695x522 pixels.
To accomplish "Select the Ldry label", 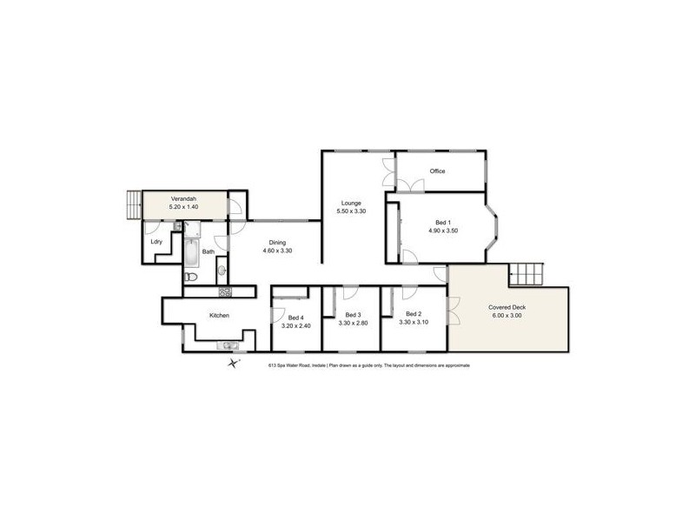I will pyautogui.click(x=156, y=242).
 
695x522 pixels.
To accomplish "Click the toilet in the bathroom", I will pyautogui.click(x=192, y=277).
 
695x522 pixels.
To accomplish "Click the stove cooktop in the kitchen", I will pyautogui.click(x=224, y=291).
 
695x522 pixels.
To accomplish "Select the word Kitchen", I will pyautogui.click(x=219, y=315).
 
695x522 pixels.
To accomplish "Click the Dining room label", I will pyautogui.click(x=276, y=243).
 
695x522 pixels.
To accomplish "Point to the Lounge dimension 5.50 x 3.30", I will pyautogui.click(x=351, y=211).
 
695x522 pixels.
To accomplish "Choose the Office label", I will pyautogui.click(x=437, y=171).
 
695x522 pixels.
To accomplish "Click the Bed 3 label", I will pyautogui.click(x=353, y=314).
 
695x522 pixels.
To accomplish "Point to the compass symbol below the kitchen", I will pyautogui.click(x=233, y=364).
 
